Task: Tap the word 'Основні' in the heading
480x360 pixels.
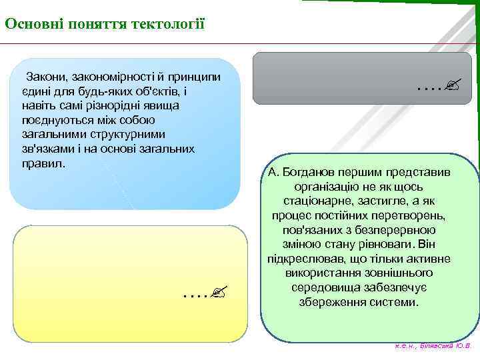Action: tap(29, 25)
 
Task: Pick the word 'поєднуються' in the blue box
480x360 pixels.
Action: tap(55, 120)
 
